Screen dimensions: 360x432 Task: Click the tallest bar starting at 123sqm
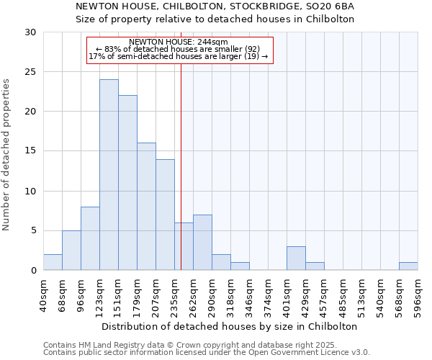(109, 175)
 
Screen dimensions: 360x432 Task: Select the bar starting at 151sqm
(127, 183)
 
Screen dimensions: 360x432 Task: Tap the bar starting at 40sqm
(53, 263)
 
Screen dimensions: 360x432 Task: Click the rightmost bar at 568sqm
(408, 266)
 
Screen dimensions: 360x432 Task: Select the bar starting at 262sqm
(202, 243)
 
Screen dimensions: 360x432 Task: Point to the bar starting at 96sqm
(90, 239)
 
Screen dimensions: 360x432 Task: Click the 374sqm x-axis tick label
(268, 295)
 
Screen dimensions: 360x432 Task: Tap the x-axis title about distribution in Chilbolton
(230, 326)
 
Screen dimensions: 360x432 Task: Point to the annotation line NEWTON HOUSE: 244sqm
(178, 42)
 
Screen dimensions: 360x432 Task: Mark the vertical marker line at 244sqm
(181, 166)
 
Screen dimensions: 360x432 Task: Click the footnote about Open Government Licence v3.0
(207, 352)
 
